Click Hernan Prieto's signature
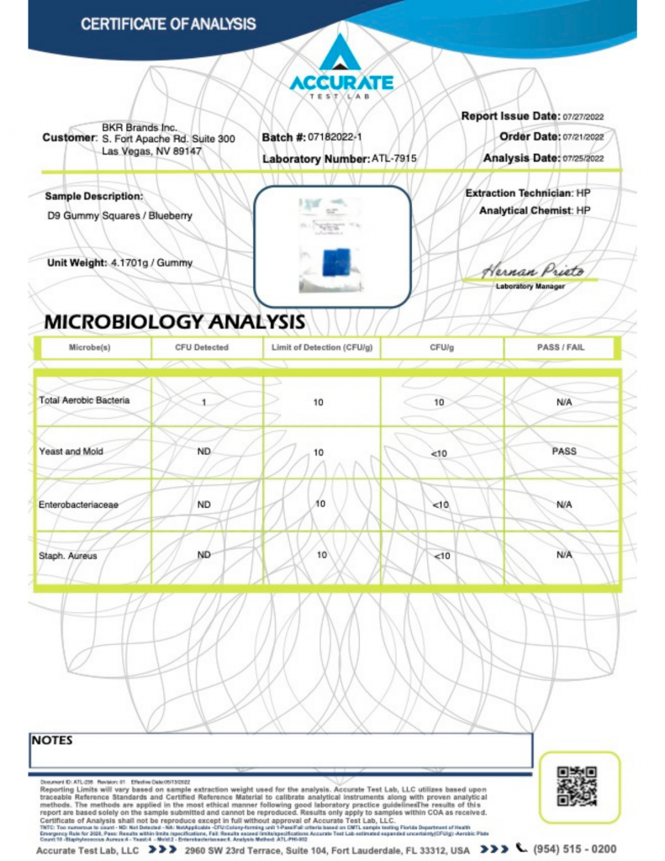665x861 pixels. (532, 272)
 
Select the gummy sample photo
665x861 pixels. (332, 245)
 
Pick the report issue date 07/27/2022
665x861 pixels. (584, 117)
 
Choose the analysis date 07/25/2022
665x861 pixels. (584, 158)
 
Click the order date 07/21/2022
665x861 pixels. (584, 137)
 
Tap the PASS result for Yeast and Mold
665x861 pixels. (563, 452)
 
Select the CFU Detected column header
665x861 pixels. (202, 347)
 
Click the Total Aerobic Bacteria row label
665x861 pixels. (84, 400)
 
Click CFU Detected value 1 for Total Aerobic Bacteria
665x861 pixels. (203, 402)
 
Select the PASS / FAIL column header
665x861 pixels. (561, 347)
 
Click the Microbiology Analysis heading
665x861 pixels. (174, 321)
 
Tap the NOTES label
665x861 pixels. (52, 741)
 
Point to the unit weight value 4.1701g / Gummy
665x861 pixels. (151, 263)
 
